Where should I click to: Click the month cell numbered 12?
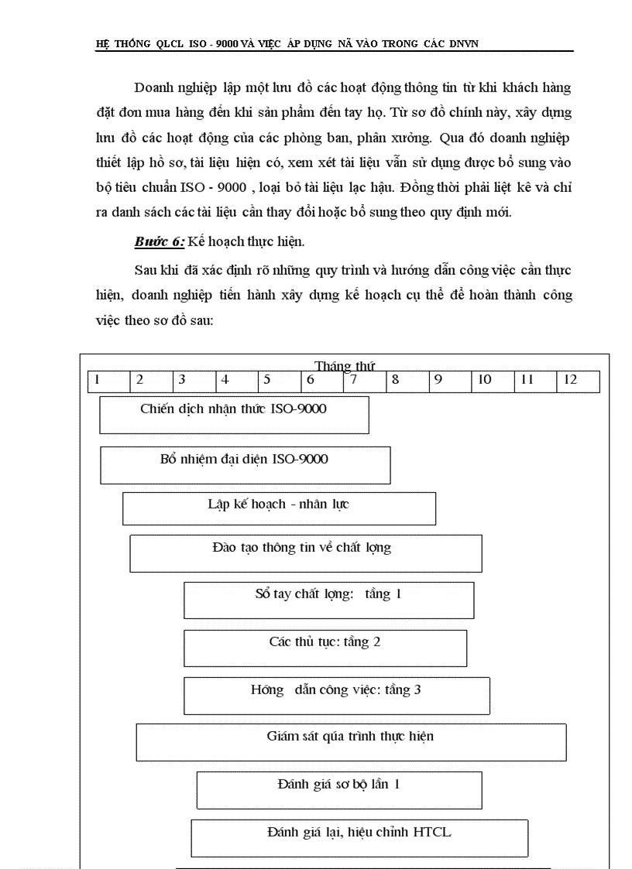click(578, 381)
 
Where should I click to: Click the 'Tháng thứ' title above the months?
click(345, 366)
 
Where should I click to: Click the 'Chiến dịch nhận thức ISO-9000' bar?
click(234, 415)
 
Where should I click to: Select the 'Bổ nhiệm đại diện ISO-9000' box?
click(245, 465)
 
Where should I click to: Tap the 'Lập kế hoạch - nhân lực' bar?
click(279, 509)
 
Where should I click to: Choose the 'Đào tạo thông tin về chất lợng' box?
click(305, 553)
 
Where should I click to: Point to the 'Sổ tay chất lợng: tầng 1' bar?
click(328, 600)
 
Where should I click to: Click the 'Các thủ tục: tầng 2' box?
click(325, 648)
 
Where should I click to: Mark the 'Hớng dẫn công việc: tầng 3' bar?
click(336, 696)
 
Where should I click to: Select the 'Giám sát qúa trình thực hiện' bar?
click(351, 742)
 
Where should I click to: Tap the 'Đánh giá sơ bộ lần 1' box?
click(339, 790)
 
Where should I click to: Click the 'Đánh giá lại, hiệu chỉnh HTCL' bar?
click(359, 838)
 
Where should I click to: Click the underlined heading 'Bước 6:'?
click(160, 241)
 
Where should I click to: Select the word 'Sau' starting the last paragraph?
click(146, 270)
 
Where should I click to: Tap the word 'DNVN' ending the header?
click(463, 44)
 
